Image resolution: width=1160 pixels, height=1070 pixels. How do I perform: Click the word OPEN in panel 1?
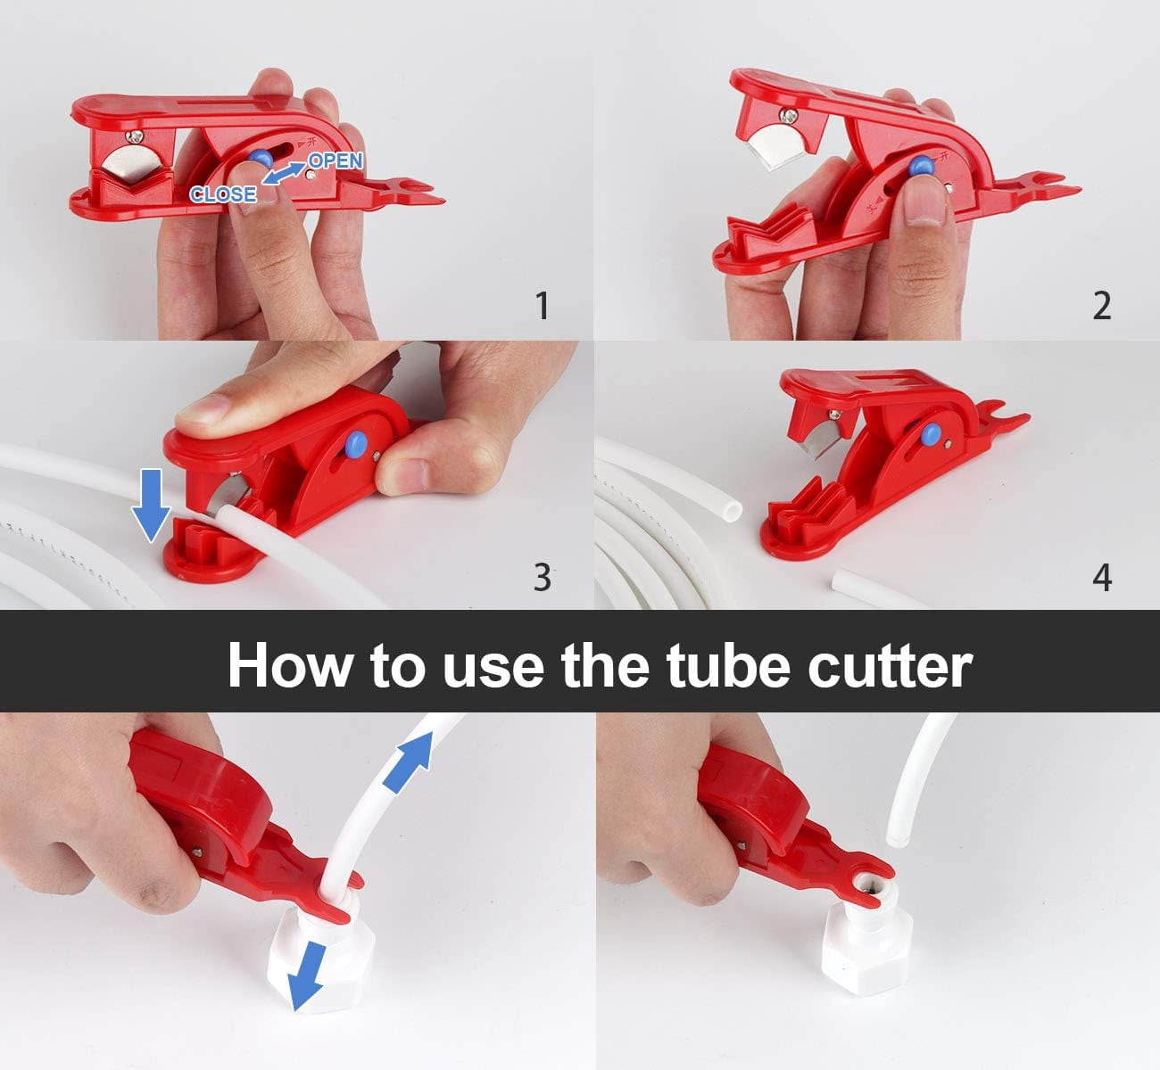(x=336, y=160)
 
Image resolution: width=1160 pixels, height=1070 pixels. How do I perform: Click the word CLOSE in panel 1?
(x=223, y=194)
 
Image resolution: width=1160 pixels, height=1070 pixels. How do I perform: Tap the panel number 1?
(x=543, y=306)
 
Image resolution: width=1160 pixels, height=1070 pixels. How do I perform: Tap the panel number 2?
(x=1102, y=306)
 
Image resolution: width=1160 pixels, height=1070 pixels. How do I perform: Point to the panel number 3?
(x=543, y=577)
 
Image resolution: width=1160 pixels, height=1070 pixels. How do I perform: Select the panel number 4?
(x=1102, y=578)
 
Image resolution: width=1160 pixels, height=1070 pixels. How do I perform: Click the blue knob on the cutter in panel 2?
(x=922, y=167)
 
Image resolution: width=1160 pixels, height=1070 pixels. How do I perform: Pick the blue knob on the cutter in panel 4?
(x=931, y=433)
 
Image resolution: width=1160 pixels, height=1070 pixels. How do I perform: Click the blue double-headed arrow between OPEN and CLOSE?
(x=283, y=174)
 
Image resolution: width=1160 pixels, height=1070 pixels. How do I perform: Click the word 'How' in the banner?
(x=290, y=665)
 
